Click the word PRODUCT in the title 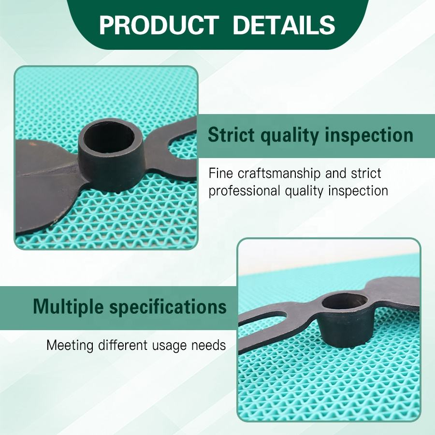(x=159, y=25)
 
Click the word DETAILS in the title (x=284, y=25)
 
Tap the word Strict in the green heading (x=231, y=135)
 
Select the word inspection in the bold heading (x=369, y=136)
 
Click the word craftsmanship (x=279, y=174)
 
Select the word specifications (x=168, y=307)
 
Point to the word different (x=123, y=346)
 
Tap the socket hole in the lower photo (x=345, y=302)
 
